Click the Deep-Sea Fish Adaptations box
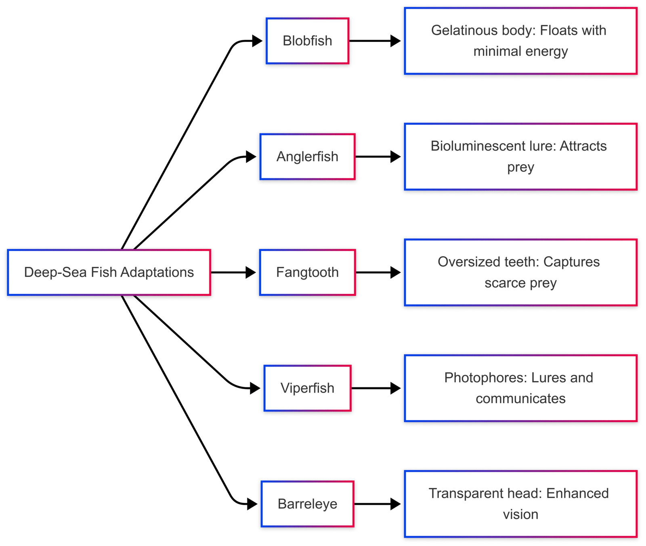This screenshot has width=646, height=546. pyautogui.click(x=109, y=272)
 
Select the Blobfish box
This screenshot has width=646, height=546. pyautogui.click(x=307, y=41)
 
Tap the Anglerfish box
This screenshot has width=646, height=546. pyautogui.click(x=307, y=157)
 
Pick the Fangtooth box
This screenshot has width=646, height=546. pyautogui.click(x=307, y=272)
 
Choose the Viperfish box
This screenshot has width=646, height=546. pyautogui.click(x=307, y=388)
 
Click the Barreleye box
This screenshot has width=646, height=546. pyautogui.click(x=307, y=504)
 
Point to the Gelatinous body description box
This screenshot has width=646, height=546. pyautogui.click(x=520, y=41)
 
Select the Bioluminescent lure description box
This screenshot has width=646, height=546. pyautogui.click(x=520, y=157)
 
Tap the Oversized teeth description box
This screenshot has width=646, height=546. pyautogui.click(x=520, y=272)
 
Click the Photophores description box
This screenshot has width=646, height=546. pyautogui.click(x=520, y=388)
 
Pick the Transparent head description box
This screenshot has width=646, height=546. pyautogui.click(x=520, y=504)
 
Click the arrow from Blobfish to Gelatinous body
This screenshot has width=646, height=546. pyautogui.click(x=375, y=41)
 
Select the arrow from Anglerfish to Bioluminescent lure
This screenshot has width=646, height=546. pyautogui.click(x=378, y=157)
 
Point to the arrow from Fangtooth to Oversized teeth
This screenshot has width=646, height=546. pyautogui.click(x=378, y=272)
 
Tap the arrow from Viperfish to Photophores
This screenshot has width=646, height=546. pyautogui.click(x=376, y=388)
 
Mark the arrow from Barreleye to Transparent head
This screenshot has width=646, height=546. pyautogui.click(x=378, y=504)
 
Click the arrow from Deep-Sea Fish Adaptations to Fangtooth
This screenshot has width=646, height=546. pyautogui.click(x=233, y=272)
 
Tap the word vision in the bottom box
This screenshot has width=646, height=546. pyautogui.click(x=520, y=515)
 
